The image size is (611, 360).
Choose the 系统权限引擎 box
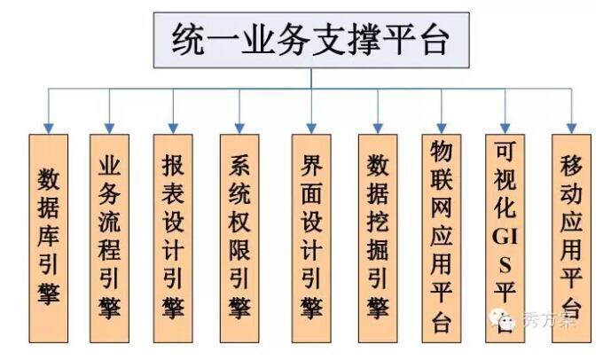(x=239, y=236)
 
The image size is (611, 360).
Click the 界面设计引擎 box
(x=311, y=236)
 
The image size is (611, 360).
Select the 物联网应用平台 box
(x=443, y=236)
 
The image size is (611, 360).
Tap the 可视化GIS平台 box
(x=506, y=236)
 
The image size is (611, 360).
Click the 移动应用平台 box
(x=572, y=236)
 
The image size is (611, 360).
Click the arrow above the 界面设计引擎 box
(x=311, y=113)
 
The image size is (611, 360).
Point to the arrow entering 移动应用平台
(x=572, y=113)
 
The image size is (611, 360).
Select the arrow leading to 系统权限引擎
(x=239, y=113)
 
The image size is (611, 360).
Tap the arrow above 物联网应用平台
(x=443, y=113)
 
